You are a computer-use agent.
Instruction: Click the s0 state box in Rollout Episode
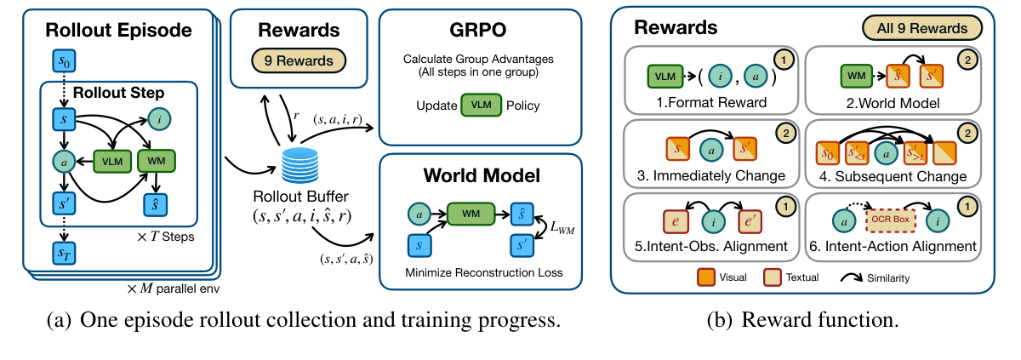click(x=65, y=61)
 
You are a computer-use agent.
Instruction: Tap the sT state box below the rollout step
click(x=65, y=254)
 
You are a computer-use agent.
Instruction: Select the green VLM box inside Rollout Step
click(x=112, y=162)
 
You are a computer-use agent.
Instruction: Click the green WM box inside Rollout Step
click(x=157, y=161)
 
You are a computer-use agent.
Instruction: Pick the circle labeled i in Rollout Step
click(x=160, y=119)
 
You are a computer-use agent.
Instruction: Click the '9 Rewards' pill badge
click(x=299, y=60)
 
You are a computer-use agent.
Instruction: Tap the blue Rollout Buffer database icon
click(x=299, y=164)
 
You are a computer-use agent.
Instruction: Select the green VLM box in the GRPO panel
click(x=482, y=106)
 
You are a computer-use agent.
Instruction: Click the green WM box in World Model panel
click(x=471, y=214)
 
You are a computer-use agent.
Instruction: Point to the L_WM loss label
click(x=562, y=227)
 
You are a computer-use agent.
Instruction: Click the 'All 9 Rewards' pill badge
click(x=922, y=28)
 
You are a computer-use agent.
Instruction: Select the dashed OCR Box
click(x=890, y=220)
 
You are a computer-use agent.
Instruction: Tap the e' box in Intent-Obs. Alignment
click(x=750, y=221)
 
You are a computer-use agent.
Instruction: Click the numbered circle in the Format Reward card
click(x=784, y=60)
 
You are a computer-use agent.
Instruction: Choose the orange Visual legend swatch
click(x=706, y=277)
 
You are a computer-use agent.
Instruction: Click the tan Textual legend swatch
click(x=773, y=277)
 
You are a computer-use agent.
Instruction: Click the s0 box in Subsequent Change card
click(x=828, y=153)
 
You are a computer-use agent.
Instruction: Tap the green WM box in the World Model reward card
click(x=857, y=76)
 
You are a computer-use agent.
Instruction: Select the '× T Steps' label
click(x=165, y=237)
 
